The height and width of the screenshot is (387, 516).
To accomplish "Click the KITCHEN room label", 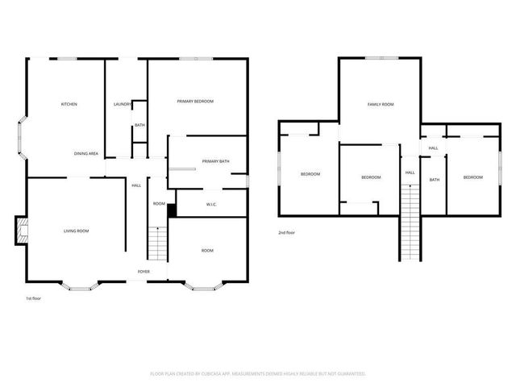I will pos(69,104).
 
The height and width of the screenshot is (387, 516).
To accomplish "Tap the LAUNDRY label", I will pos(123,104).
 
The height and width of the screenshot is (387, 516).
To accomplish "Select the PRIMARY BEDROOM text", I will pos(196,101).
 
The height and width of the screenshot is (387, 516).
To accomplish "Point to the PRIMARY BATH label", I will pos(215,161).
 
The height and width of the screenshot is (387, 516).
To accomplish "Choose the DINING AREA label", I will pos(86,153).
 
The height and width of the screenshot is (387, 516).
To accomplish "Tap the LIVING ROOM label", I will pos(77,231).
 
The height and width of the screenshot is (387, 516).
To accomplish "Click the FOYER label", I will pos(143,272).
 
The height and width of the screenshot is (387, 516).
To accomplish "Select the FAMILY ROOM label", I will pos(381,104).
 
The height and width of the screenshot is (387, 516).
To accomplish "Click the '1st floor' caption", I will pos(34,298).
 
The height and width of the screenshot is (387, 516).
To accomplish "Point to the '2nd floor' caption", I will pos(285,231).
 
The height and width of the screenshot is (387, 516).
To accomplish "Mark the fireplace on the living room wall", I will pos(21,230).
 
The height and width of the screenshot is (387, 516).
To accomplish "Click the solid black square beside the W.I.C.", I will pos(172,210).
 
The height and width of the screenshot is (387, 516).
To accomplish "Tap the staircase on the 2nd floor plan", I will pos(411,222).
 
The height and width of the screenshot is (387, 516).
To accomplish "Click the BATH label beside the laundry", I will pos(139,125).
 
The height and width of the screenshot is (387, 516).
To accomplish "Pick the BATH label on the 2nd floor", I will pos(435,180).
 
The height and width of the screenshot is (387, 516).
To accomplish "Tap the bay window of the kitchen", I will pos(22,137).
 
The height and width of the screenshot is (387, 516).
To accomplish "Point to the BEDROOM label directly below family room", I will pos(370,177).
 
